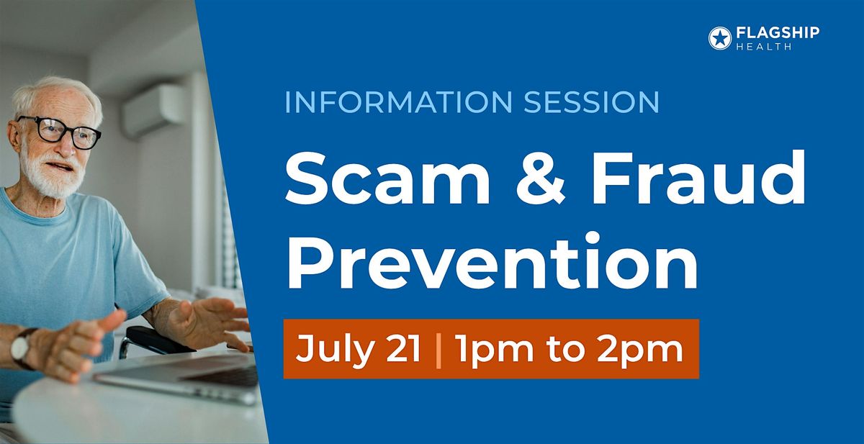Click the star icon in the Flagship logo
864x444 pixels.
point(720,38)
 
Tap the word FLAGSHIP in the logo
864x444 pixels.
point(778,33)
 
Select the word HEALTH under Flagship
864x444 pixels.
point(764,47)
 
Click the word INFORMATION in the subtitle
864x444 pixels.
point(398,101)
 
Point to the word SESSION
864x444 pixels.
point(592,101)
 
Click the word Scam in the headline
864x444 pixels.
point(387,178)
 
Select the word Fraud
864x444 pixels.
point(698,177)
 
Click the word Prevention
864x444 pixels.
point(492,261)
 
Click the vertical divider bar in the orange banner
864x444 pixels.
point(438,350)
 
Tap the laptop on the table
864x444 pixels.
point(181,376)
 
